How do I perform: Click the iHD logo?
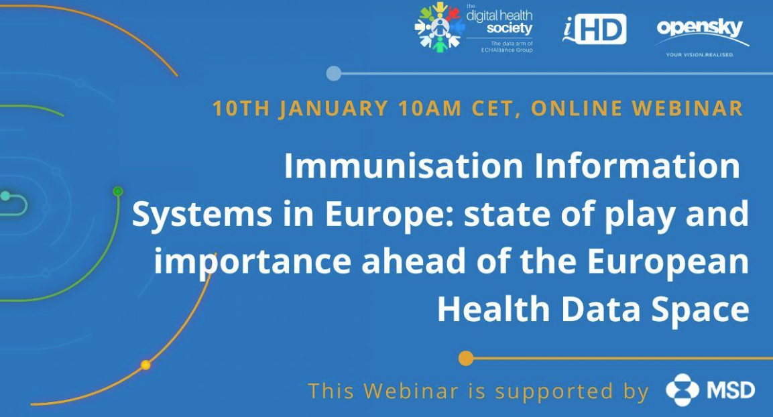point(595,29)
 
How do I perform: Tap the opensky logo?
point(701,38)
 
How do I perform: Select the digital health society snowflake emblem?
point(438,26)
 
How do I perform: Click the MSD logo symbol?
point(682,390)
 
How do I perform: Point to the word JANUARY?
point(333,109)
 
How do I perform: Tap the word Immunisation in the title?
point(404,166)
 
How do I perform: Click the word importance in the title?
point(252,262)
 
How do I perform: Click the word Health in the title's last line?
point(493,309)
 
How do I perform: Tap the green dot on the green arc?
point(118,191)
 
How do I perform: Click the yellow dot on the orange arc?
point(145,365)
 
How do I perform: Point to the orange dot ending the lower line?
point(466,359)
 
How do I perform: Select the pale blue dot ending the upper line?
point(334,74)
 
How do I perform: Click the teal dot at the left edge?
point(5,196)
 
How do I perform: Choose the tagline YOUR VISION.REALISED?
point(700,55)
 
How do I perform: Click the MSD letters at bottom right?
point(731,390)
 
